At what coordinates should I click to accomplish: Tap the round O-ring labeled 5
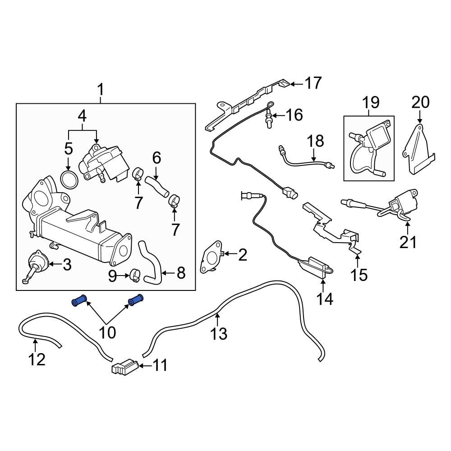coord(69,179)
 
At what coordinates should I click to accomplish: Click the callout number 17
coord(313,83)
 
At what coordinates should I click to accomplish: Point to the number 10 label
coord(107,333)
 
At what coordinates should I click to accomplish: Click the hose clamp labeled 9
coord(134,275)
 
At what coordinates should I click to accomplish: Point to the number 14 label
coord(324,299)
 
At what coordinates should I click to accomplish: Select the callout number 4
coord(82,116)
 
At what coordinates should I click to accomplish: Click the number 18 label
coord(315,142)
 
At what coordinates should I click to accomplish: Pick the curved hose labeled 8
coord(151,264)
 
